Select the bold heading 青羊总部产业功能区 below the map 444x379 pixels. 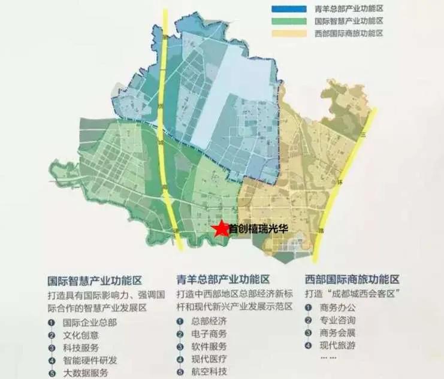tap(223, 280)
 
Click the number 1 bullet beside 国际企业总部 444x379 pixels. tap(52, 322)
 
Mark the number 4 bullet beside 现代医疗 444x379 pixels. tap(180, 359)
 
